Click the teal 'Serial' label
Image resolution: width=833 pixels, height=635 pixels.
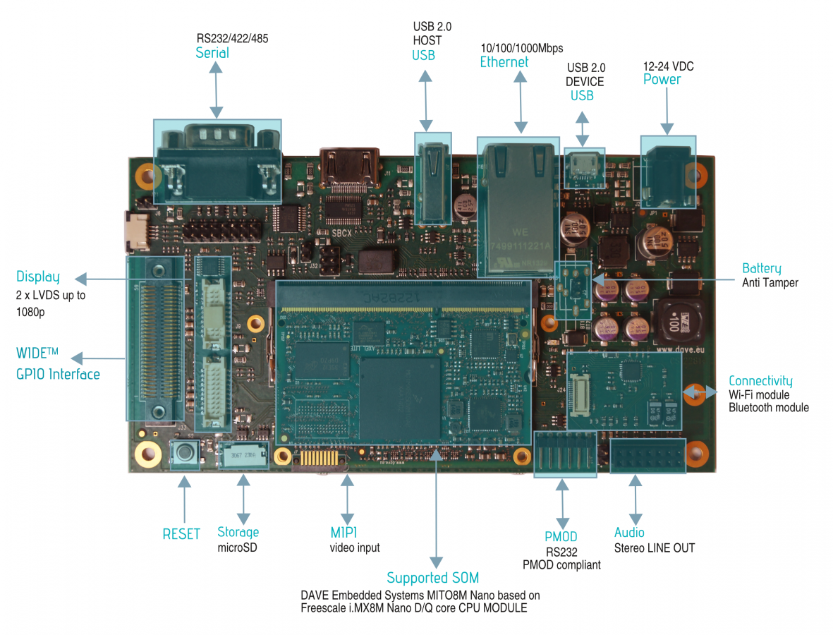212,53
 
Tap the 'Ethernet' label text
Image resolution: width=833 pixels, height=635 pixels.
504,62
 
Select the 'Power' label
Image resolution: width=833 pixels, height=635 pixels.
662,79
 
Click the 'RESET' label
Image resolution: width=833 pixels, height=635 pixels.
181,534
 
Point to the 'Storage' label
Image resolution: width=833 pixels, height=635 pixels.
238,532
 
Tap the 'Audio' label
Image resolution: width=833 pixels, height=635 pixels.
629,532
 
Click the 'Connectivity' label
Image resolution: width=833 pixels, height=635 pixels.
760,381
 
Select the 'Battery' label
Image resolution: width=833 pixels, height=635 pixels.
761,268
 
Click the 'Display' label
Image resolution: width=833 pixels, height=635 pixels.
38,277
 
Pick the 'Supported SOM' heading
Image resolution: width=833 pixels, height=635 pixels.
432,579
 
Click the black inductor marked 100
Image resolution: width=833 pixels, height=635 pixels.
674,322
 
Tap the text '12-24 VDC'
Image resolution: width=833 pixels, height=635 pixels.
668,66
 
